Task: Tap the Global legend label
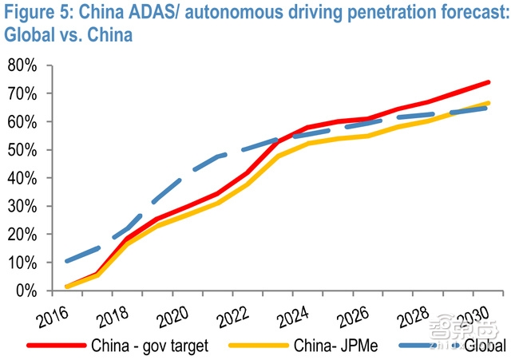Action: click(x=483, y=346)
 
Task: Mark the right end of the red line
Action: click(x=489, y=81)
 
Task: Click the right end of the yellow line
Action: click(x=489, y=103)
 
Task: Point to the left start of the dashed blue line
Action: click(x=67, y=261)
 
